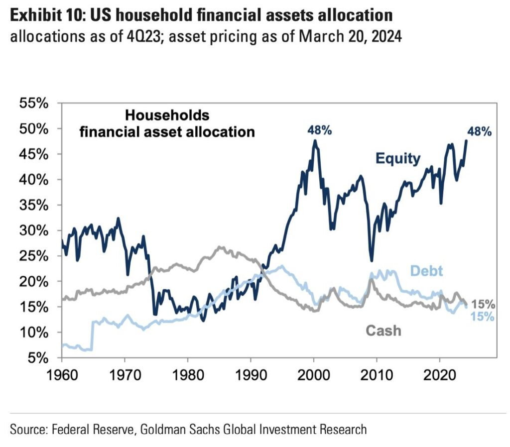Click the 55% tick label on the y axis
[x=33, y=104]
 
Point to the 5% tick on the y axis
[x=38, y=358]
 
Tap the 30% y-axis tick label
[x=33, y=231]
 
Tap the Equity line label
[x=398, y=159]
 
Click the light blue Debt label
[x=427, y=271]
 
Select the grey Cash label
[x=383, y=330]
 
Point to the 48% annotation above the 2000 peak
[x=319, y=130]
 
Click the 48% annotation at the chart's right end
[x=479, y=131]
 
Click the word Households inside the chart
[x=167, y=115]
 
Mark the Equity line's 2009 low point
[x=372, y=260]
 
